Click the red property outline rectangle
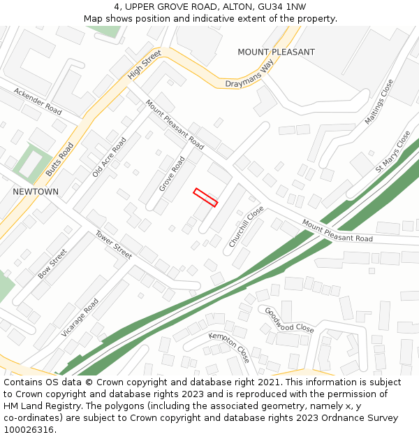[x=205, y=197]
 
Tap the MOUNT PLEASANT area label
[x=276, y=52]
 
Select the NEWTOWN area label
[x=36, y=192]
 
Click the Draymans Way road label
[x=249, y=75]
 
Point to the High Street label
[x=145, y=64]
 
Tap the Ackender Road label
[x=38, y=101]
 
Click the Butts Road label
[x=59, y=159]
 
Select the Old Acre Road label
[x=110, y=157]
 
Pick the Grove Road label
[x=171, y=174]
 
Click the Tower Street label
[x=114, y=244]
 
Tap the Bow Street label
[x=52, y=264]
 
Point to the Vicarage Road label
[x=80, y=317]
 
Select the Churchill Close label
[x=246, y=226]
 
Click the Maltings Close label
[x=379, y=102]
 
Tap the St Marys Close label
[x=393, y=152]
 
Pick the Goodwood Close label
[x=289, y=319]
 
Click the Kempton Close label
[x=229, y=348]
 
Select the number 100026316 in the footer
[x=29, y=430]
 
